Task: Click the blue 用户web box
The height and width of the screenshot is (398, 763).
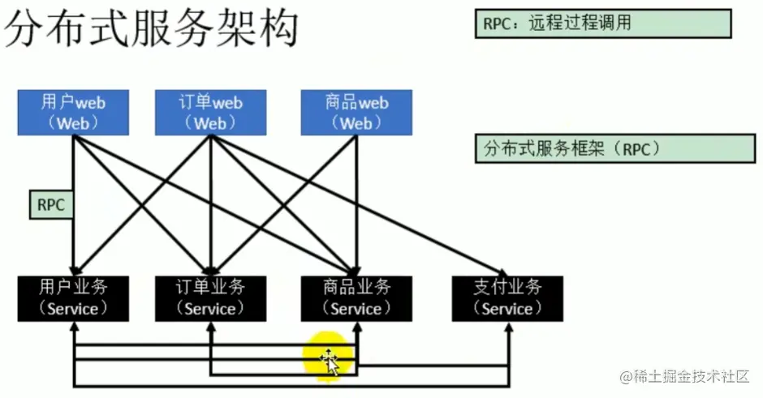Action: coord(73,113)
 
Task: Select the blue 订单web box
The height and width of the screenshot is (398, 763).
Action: coord(210,113)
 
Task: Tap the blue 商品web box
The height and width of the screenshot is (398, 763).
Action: coord(356,113)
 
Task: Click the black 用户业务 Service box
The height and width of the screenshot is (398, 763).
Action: coord(73,297)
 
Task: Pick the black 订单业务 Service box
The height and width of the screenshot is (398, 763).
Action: coord(210,297)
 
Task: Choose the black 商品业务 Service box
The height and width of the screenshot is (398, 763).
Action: coord(356,297)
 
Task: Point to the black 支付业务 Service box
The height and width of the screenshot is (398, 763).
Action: coord(507,297)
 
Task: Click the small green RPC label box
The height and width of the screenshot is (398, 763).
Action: coord(50,205)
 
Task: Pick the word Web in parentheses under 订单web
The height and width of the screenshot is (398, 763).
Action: coord(210,123)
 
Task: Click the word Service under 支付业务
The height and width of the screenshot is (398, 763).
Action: coord(507,309)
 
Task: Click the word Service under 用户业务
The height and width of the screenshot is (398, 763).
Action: coord(73,309)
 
